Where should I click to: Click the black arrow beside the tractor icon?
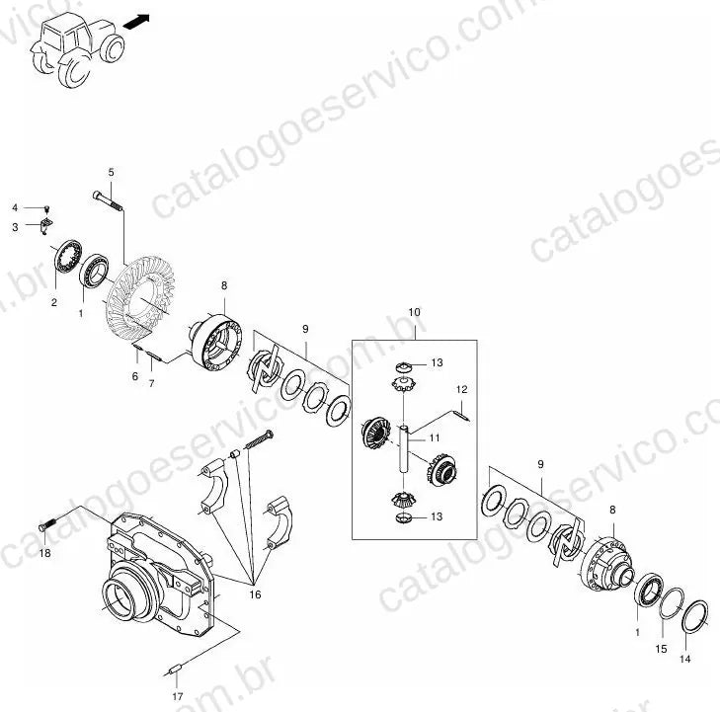coord(137,22)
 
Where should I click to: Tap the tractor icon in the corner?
coord(78,49)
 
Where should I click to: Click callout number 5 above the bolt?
coord(112,172)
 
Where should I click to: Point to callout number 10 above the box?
coord(414,312)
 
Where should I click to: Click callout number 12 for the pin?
coord(461,389)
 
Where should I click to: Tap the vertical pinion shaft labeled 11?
coord(403,449)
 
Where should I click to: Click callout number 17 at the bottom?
coord(178,696)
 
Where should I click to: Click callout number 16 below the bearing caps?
coord(255,594)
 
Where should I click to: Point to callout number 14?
coord(684,659)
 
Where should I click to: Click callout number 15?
coord(661,649)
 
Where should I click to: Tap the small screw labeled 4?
coord(46,209)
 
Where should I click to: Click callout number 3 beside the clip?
coord(15,227)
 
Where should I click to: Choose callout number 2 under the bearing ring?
coord(54,302)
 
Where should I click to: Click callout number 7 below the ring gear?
coord(151,383)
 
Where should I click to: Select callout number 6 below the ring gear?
coord(134,376)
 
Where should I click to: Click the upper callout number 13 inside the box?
coord(437,362)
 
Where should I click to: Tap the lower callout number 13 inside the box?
coord(437,516)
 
